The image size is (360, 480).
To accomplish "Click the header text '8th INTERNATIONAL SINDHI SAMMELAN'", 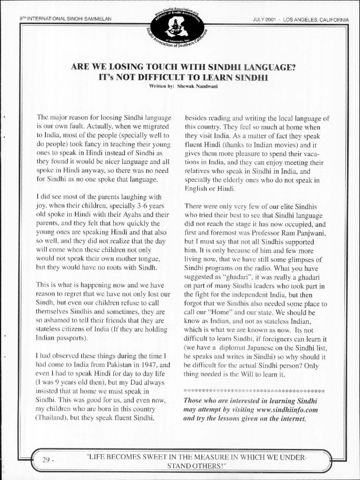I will (x=65, y=19).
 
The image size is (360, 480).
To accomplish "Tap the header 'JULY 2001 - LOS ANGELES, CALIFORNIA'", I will (x=300, y=19).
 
